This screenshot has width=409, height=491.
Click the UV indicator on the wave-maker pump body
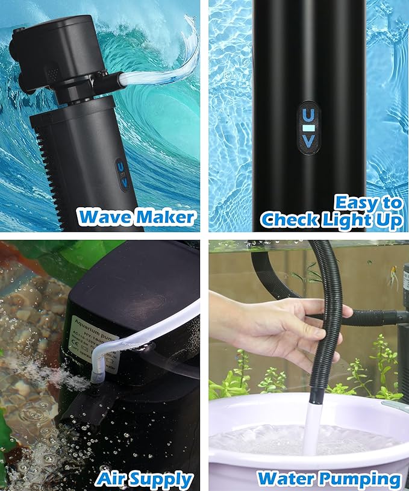coord(122,174)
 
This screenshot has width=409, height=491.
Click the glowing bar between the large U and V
coord(308,128)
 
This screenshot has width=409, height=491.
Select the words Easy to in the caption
coord(368,202)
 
